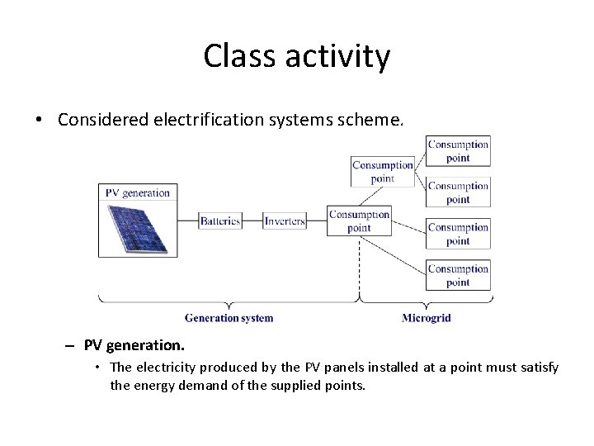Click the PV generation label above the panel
point(137,192)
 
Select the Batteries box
point(220,221)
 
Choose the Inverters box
point(285,221)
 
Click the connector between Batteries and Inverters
point(252,221)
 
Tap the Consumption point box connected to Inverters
point(359,221)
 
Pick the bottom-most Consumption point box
point(458,275)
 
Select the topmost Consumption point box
point(458,150)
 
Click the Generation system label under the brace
point(229,318)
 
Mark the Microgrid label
point(426,318)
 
